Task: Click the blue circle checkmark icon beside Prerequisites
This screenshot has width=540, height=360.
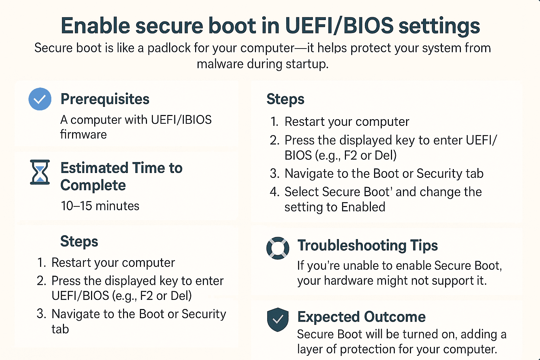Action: (40, 99)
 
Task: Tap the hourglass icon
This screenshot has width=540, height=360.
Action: (40, 172)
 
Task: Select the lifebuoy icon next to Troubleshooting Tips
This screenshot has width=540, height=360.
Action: (278, 248)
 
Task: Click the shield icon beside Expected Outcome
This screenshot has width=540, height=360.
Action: (278, 320)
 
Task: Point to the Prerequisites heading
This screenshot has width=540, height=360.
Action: (105, 99)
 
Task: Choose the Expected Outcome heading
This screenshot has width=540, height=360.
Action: (361, 317)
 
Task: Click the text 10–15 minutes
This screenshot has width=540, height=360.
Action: (100, 206)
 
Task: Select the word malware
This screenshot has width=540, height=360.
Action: (220, 64)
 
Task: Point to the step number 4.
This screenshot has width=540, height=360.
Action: (274, 192)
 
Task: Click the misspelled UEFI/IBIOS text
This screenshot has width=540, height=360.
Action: (181, 120)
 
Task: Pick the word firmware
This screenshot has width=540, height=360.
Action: (83, 134)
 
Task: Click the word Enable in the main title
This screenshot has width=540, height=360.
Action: (96, 26)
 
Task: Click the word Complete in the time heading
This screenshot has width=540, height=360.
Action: (93, 186)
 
